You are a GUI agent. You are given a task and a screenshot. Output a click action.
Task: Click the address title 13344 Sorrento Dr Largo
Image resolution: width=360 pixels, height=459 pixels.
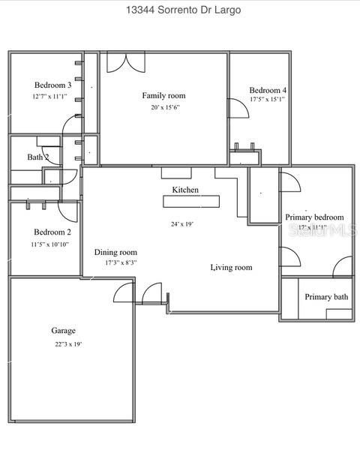point(179,10)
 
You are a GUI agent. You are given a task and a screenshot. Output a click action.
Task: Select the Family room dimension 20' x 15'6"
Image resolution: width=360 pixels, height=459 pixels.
point(164,107)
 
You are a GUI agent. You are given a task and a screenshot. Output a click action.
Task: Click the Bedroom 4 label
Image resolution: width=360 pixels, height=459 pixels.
point(268,90)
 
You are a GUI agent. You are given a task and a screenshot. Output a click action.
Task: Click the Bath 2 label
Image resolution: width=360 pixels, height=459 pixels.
point(38,157)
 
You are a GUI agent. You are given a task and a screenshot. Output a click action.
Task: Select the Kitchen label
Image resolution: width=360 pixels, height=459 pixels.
point(185,190)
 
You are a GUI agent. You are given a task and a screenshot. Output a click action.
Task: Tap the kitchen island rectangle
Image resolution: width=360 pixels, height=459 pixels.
point(192,201)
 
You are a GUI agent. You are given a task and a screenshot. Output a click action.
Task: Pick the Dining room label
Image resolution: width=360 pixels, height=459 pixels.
point(115,252)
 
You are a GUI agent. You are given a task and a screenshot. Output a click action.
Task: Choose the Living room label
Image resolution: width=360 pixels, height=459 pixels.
point(231,267)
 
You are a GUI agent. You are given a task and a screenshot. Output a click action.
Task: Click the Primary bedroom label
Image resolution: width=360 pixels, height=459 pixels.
point(314,217)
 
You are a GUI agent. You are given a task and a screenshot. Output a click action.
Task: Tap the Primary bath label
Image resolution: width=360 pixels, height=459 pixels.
point(326,297)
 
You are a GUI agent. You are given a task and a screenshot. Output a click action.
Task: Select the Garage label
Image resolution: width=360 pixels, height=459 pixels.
point(63,330)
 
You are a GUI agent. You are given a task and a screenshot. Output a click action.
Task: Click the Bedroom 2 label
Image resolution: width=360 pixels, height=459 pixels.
point(52,232)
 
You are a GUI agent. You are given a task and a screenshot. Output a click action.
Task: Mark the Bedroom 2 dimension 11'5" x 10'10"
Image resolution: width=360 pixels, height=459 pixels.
point(51,244)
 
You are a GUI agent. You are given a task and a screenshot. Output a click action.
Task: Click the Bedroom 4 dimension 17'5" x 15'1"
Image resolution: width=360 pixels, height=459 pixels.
point(268,100)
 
